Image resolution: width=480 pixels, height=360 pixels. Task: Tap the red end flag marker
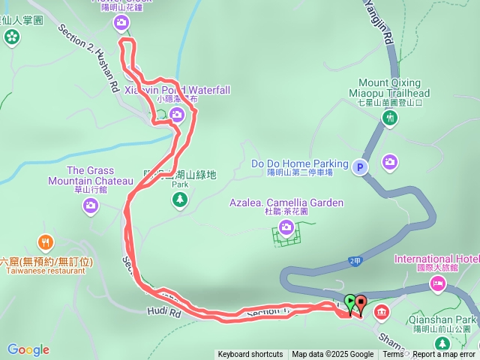(x=361, y=304)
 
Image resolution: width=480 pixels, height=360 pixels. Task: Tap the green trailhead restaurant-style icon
(x=389, y=118)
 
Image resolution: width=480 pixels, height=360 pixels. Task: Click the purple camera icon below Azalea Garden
(x=286, y=227)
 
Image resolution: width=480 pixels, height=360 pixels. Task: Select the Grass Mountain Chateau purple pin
(x=91, y=206)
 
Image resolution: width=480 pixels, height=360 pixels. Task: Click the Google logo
(x=28, y=349)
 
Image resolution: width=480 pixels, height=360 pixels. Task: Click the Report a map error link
(x=444, y=355)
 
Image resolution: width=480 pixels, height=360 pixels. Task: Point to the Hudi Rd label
(x=166, y=310)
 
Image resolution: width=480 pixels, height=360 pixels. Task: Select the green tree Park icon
(x=179, y=199)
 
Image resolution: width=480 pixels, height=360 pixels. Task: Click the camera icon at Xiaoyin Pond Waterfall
(x=176, y=115)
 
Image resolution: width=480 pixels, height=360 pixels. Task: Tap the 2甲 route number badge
(x=355, y=260)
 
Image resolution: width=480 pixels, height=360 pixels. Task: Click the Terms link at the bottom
(x=393, y=355)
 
